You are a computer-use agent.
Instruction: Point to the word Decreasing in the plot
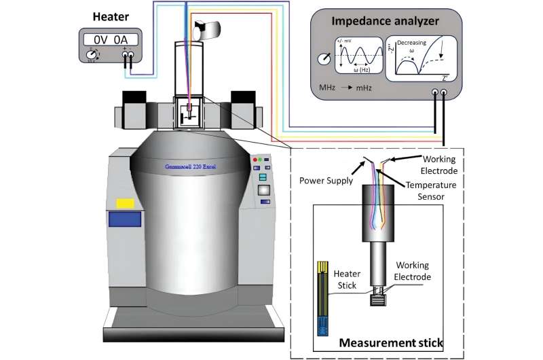(x=411, y=43)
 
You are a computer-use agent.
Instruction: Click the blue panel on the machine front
(x=124, y=219)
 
